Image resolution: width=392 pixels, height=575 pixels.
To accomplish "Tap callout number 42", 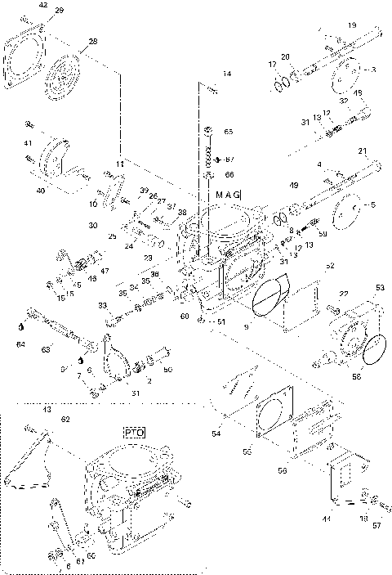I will pos(42,6).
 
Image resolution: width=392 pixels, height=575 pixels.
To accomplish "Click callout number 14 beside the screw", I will pos(227,74).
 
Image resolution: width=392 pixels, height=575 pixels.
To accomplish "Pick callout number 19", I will pos(352,26).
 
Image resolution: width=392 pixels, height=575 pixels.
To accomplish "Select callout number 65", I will pos(229,132).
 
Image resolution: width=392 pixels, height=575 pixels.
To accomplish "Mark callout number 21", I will pos(363,151).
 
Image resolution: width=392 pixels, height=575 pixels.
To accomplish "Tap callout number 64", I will pos(20,344).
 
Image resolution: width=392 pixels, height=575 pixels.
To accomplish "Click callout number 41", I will pos(27,143).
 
